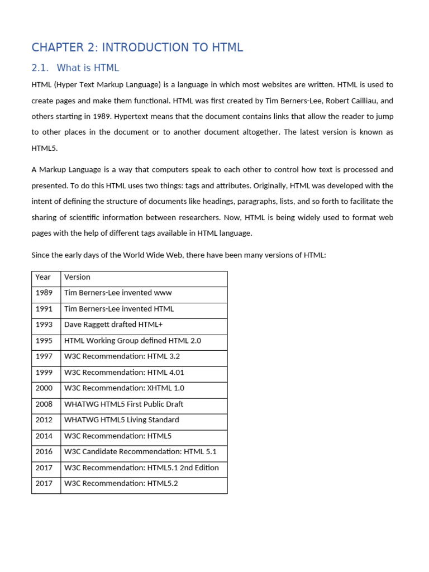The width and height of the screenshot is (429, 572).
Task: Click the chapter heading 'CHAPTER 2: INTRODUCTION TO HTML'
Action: click(x=137, y=47)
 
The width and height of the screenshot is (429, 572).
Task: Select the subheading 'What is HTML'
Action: click(x=88, y=68)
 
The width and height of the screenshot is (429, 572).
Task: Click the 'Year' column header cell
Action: click(x=43, y=277)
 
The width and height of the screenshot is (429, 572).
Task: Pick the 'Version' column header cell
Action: click(x=77, y=277)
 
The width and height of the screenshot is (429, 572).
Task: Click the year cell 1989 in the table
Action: click(x=44, y=293)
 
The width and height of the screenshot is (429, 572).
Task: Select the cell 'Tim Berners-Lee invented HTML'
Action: click(x=119, y=309)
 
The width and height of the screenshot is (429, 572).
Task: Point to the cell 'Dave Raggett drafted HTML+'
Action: click(x=113, y=325)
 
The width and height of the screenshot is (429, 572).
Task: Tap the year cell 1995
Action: click(x=44, y=341)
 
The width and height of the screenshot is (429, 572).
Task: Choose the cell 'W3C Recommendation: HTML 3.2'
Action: click(x=122, y=356)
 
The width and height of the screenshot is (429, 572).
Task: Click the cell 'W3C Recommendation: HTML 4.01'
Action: click(x=124, y=373)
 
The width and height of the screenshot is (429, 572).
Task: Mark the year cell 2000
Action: click(x=44, y=388)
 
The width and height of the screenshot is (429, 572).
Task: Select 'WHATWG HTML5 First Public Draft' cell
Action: click(x=123, y=404)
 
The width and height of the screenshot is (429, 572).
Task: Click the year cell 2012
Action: click(x=44, y=420)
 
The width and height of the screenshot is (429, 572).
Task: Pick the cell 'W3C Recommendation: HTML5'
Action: click(x=118, y=436)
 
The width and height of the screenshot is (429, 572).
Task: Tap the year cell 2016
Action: click(x=44, y=452)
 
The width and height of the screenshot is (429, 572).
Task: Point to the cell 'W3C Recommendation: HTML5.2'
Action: click(x=121, y=484)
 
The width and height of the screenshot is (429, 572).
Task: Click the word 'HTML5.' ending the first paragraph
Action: click(x=44, y=148)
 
